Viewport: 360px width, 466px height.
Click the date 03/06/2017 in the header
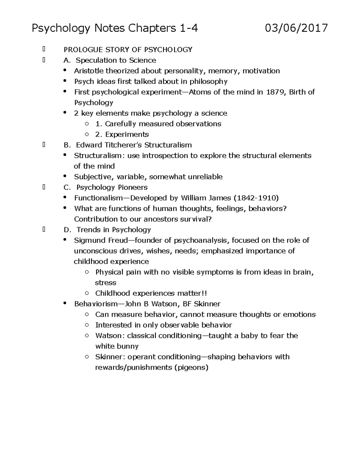296,29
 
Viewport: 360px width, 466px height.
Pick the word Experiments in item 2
127,134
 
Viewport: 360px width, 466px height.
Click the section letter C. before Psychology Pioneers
67,187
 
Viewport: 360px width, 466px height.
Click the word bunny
128,346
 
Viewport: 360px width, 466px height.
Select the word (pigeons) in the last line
191,367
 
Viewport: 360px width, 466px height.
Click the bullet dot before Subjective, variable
65,176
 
